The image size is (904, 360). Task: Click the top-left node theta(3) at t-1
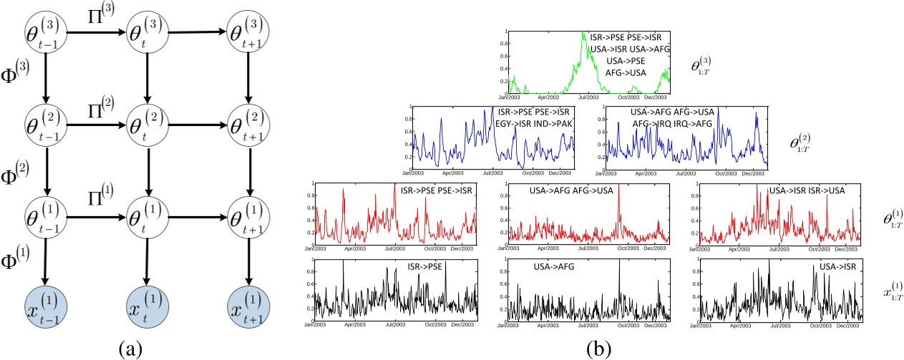[44, 29]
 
